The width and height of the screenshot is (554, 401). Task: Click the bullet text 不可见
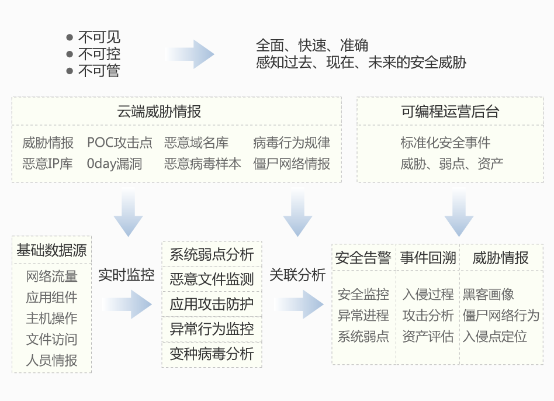pos(99,37)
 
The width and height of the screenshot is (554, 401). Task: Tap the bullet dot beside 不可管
pos(70,71)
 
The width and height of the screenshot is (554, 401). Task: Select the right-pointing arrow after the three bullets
pos(190,54)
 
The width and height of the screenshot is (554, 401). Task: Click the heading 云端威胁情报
pos(159,112)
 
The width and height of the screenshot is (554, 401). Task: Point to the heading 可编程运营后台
pos(450,112)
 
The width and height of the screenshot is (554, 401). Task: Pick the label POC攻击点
pos(119,143)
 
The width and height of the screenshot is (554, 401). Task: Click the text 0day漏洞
pos(115,164)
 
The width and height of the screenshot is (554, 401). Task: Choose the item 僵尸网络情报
pos(292,164)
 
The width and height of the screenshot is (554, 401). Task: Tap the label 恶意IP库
pos(47,164)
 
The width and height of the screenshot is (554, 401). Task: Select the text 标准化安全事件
pos(445,143)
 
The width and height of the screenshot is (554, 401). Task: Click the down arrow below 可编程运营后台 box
pos(459,212)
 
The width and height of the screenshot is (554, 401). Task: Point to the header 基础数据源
pos(51,251)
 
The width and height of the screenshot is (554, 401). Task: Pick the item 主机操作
pos(51,319)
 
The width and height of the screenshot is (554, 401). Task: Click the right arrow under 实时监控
pos(127,304)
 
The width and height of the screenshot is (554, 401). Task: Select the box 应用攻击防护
pos(212,304)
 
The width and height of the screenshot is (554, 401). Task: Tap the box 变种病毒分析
pos(212,354)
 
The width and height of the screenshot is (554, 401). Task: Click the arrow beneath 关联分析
pos(299,304)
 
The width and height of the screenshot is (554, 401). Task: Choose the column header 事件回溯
pos(428,258)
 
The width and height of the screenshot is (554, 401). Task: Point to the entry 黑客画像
pos(489,294)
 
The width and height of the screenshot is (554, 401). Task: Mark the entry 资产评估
pos(428,336)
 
